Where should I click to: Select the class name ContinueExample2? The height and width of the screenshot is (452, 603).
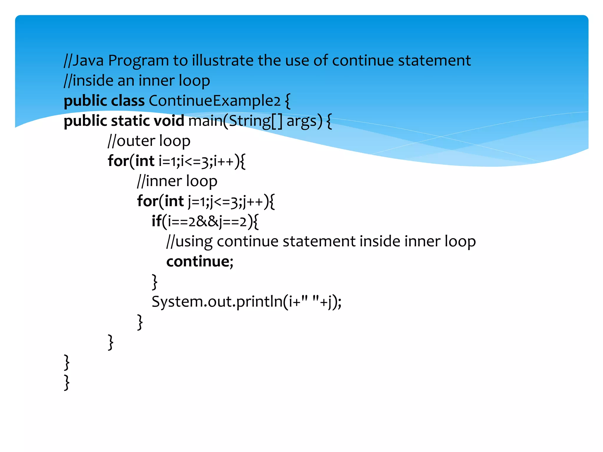point(215,101)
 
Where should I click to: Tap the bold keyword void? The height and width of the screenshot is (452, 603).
point(169,121)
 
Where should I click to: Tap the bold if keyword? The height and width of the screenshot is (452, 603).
point(156,221)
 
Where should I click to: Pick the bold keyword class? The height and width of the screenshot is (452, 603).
point(127,101)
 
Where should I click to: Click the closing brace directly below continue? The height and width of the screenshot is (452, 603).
point(154,282)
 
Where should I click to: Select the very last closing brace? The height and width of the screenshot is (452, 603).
point(67,382)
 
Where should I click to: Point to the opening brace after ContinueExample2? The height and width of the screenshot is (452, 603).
point(288,101)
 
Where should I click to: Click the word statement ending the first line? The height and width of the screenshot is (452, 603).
point(434,61)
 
